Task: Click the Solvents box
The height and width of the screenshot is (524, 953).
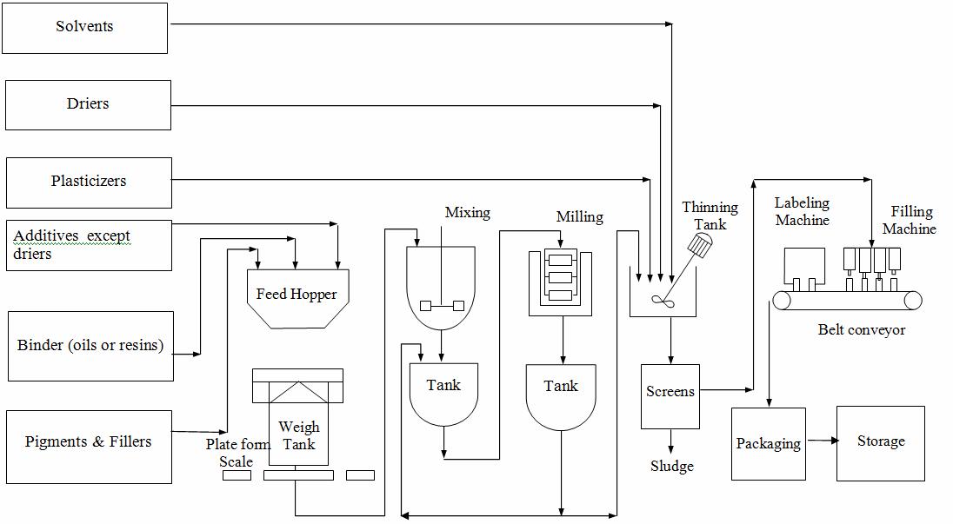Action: (84, 28)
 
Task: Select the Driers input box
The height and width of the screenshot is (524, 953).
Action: (88, 104)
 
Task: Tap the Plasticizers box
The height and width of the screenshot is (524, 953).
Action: (89, 182)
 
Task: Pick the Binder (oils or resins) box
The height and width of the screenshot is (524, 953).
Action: (90, 346)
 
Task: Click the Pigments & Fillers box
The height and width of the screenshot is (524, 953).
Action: (88, 442)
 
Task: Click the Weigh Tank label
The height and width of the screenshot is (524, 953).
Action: (298, 435)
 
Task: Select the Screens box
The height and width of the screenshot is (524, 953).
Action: (670, 392)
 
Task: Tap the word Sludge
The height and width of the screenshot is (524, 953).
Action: (672, 467)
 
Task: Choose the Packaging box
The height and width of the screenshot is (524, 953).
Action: (768, 444)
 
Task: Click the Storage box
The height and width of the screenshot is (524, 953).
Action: (881, 442)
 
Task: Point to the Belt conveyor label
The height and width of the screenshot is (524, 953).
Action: (861, 330)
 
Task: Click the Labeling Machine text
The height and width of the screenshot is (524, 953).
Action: (802, 212)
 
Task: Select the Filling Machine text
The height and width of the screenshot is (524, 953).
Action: (910, 220)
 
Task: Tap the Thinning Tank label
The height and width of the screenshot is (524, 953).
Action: (710, 216)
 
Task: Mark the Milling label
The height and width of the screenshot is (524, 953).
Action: (579, 217)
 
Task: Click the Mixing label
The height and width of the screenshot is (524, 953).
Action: (467, 213)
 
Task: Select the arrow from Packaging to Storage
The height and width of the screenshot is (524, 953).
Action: (822, 441)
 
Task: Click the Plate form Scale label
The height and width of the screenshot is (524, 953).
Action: (237, 453)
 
